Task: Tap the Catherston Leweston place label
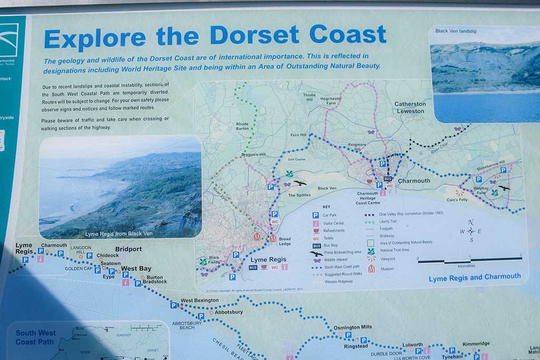point(410,108)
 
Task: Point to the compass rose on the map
point(470,231)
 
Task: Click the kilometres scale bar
point(469,260)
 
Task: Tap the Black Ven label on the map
point(326,188)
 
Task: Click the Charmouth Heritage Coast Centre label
point(368,198)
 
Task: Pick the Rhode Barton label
point(242,126)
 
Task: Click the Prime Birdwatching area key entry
point(341,252)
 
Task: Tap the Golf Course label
point(297,159)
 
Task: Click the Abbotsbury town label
point(229,312)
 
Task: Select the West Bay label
point(137,268)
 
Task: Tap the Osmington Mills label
point(352,327)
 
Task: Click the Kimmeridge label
point(476,344)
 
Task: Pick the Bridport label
point(128,249)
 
